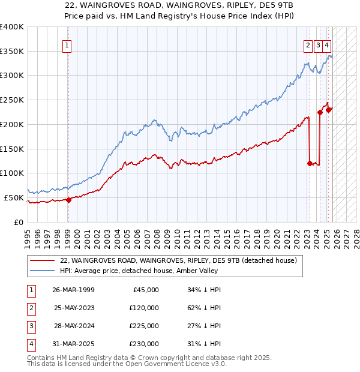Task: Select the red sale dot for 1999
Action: click(68, 200)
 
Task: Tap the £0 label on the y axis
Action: click(18, 222)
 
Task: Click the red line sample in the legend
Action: click(43, 261)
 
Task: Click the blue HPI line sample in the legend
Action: click(43, 271)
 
